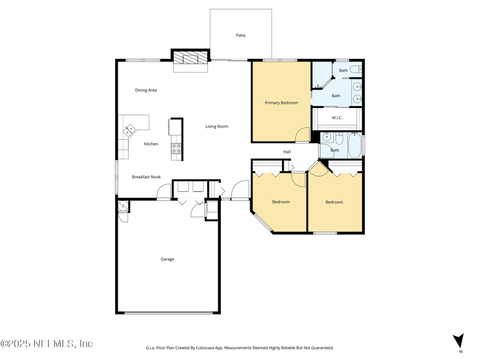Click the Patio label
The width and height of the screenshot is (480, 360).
coord(241,35)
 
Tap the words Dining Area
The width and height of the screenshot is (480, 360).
coord(146,90)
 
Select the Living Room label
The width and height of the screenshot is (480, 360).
coord(217,127)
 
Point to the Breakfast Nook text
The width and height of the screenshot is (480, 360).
coord(146,177)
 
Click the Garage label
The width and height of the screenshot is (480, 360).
coord(167,259)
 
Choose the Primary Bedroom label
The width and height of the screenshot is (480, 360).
coord(281,103)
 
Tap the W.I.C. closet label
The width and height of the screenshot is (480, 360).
coord(337,118)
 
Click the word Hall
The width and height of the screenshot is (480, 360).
coord(287,152)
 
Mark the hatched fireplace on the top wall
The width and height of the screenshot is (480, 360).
coord(191,58)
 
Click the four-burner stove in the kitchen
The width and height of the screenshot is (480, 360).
coord(176,148)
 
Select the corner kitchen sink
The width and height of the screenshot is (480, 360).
coord(129,130)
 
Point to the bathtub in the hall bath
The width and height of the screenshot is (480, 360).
coord(355,146)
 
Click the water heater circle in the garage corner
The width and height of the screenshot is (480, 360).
coord(122,206)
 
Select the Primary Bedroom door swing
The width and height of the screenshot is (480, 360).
coord(303,135)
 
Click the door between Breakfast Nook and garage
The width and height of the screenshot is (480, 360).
coord(164,192)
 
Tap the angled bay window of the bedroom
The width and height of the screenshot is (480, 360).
coord(263,222)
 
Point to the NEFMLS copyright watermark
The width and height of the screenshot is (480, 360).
coord(47,344)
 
